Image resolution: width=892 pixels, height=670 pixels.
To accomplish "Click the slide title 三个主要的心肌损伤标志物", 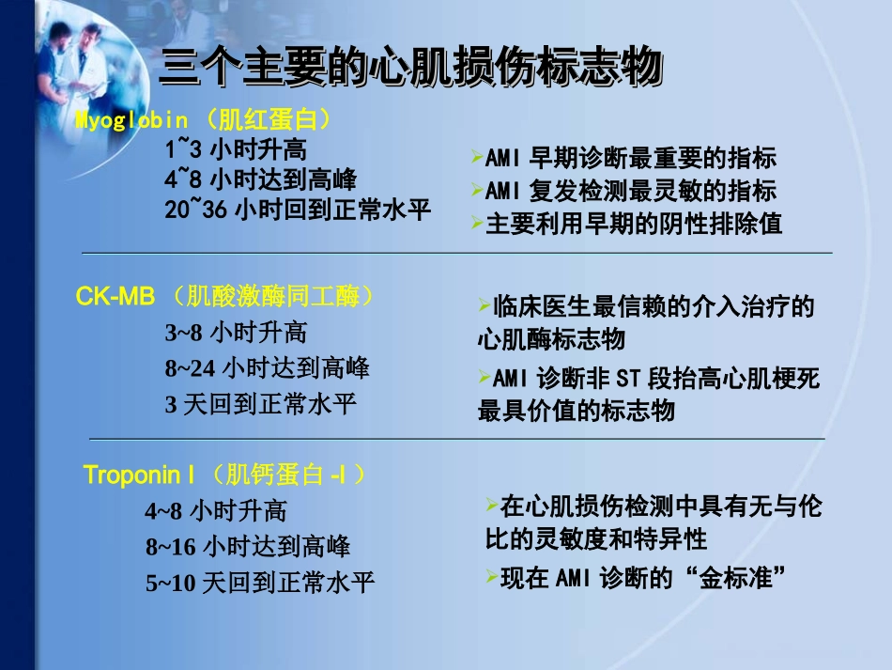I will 411,69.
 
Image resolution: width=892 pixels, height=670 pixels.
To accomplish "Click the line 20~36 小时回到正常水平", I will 298,210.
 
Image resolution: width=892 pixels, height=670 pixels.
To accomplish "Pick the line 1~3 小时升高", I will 235,149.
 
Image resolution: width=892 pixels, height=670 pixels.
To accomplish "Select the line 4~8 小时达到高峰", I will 260,179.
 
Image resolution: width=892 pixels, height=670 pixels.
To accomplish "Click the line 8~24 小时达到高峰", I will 267,367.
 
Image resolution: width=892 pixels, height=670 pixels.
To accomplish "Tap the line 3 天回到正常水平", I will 261,404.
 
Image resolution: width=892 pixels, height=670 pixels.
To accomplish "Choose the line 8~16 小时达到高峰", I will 247,547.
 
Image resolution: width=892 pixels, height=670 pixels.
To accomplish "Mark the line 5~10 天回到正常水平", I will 259,583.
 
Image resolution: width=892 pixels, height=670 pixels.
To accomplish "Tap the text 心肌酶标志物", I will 550,338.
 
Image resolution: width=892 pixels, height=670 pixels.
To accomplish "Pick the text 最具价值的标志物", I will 576,411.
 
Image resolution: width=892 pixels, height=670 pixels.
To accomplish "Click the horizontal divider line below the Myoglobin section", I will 456,253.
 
